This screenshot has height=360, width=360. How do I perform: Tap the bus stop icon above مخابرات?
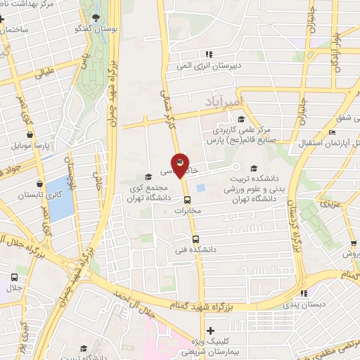click(x=186, y=199)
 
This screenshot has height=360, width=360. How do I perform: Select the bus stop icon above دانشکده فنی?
click(x=195, y=238)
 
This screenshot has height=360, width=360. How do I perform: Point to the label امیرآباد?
click(x=223, y=103)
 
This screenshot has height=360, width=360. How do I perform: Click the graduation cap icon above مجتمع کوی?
click(x=148, y=177)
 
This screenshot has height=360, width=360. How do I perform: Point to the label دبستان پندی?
click(x=300, y=306)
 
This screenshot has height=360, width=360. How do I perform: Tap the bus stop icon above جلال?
click(x=15, y=277)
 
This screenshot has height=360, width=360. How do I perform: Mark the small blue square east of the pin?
click(x=201, y=188)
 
